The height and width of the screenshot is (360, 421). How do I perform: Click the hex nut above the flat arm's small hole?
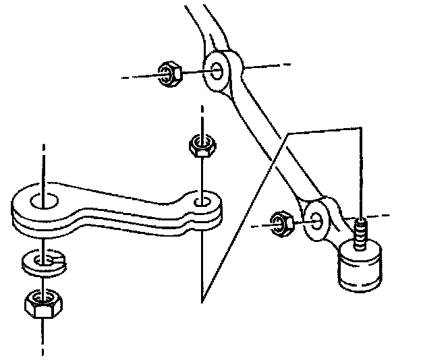(200, 146)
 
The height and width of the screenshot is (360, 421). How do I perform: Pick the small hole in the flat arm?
(200, 202)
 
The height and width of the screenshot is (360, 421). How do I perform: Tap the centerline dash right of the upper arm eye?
(270, 66)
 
